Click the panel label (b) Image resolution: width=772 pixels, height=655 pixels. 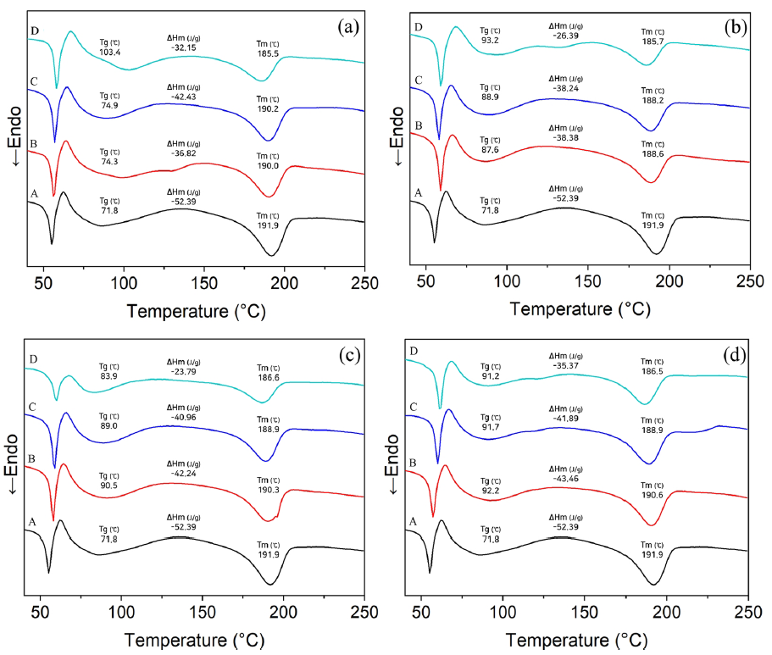tap(734, 27)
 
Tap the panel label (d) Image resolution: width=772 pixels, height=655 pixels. tap(734, 356)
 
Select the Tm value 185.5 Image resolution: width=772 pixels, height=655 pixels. tap(270, 53)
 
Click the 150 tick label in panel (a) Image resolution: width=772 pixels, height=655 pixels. tap(203, 282)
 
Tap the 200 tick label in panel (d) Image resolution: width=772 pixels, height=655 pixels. tap(667, 610)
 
